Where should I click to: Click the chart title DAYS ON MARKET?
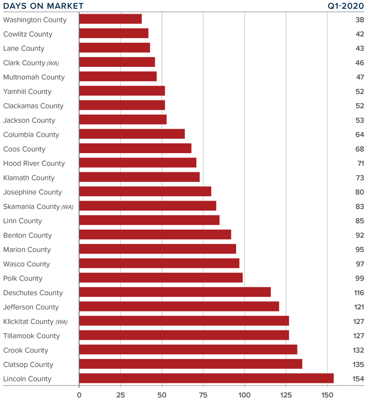click(43, 6)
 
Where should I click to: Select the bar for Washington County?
click(110, 19)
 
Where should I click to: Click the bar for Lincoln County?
click(206, 378)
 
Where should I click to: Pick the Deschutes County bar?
click(175, 292)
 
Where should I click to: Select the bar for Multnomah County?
click(118, 77)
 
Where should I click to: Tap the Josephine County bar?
click(145, 192)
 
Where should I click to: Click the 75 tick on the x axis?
click(203, 395)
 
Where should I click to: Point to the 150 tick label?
click(327, 395)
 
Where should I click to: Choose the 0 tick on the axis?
click(79, 395)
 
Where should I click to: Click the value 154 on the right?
click(358, 379)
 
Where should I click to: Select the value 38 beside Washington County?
click(360, 20)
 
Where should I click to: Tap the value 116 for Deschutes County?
click(359, 292)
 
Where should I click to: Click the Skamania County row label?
click(32, 206)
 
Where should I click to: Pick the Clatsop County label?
click(28, 364)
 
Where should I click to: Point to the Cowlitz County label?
click(27, 34)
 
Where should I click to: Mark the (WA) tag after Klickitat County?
click(61, 322)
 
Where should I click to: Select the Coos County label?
click(24, 149)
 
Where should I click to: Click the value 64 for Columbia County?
click(360, 135)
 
